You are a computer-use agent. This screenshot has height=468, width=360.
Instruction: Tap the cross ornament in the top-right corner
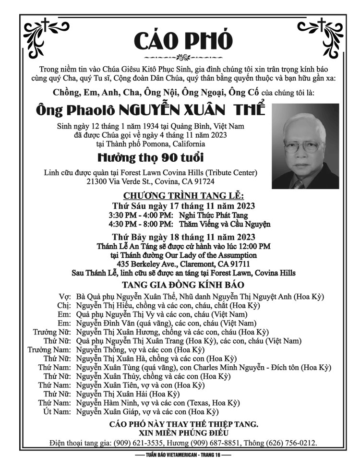coord(319,26)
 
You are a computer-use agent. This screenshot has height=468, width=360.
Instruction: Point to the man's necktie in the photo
coord(299,183)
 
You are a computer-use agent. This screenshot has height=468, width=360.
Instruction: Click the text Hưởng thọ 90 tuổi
coord(151,157)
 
